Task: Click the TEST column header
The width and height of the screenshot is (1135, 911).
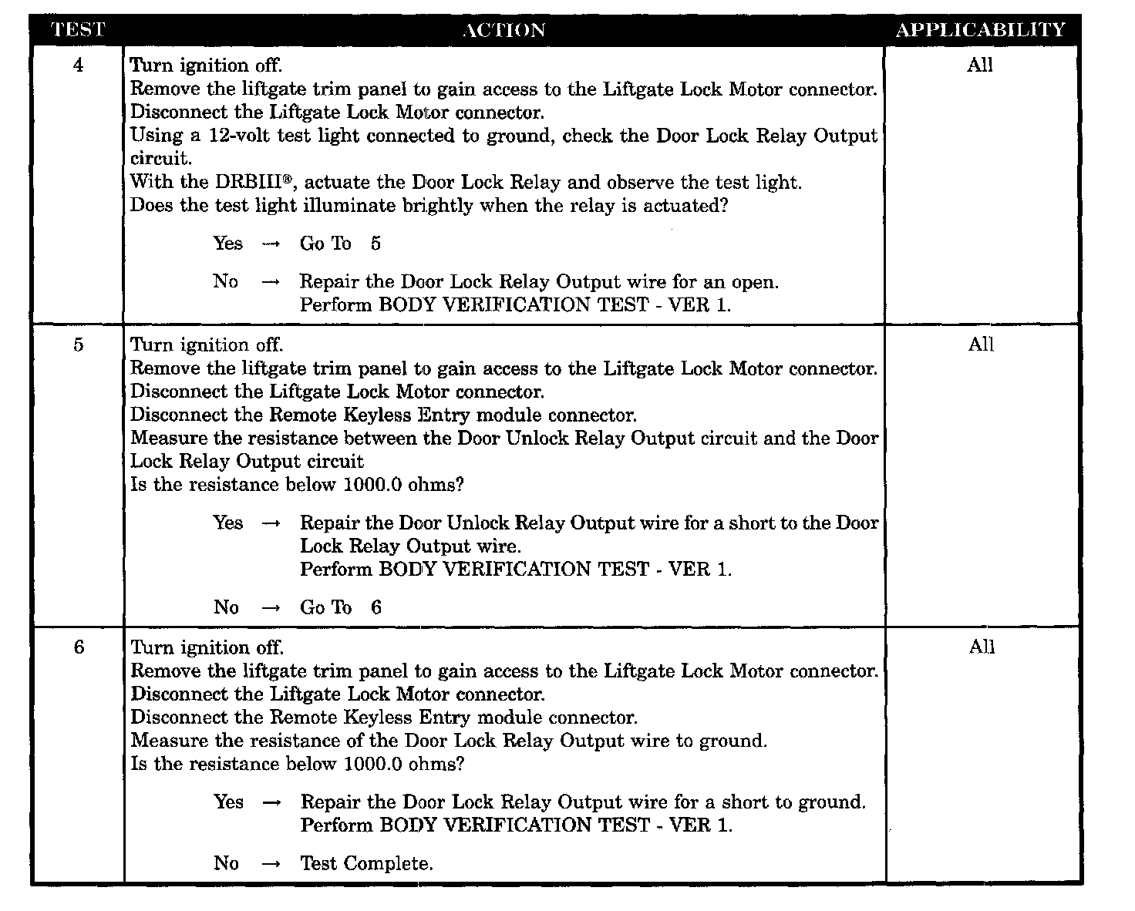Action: click(x=77, y=30)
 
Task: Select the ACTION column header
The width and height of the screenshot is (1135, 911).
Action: click(x=504, y=30)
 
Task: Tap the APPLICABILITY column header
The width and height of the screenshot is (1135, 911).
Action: click(x=980, y=30)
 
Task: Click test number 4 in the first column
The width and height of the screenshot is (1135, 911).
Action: click(x=78, y=66)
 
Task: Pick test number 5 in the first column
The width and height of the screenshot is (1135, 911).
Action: click(x=78, y=345)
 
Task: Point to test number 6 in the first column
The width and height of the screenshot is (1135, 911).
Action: click(x=78, y=647)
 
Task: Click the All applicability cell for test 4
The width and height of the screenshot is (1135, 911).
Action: click(x=980, y=66)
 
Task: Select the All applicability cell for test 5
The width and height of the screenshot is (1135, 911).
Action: click(x=981, y=345)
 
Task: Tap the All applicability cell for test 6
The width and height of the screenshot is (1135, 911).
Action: click(x=982, y=647)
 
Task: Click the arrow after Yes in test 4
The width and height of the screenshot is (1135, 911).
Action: click(x=271, y=244)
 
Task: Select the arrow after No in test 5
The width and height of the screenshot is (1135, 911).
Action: click(x=271, y=608)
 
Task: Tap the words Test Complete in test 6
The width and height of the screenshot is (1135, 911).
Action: click(x=366, y=864)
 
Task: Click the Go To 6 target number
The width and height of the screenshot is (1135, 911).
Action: click(x=376, y=608)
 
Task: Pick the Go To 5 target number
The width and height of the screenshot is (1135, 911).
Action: click(x=376, y=244)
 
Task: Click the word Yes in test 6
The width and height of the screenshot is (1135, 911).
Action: click(x=228, y=802)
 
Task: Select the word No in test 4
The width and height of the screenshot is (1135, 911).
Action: click(x=226, y=282)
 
